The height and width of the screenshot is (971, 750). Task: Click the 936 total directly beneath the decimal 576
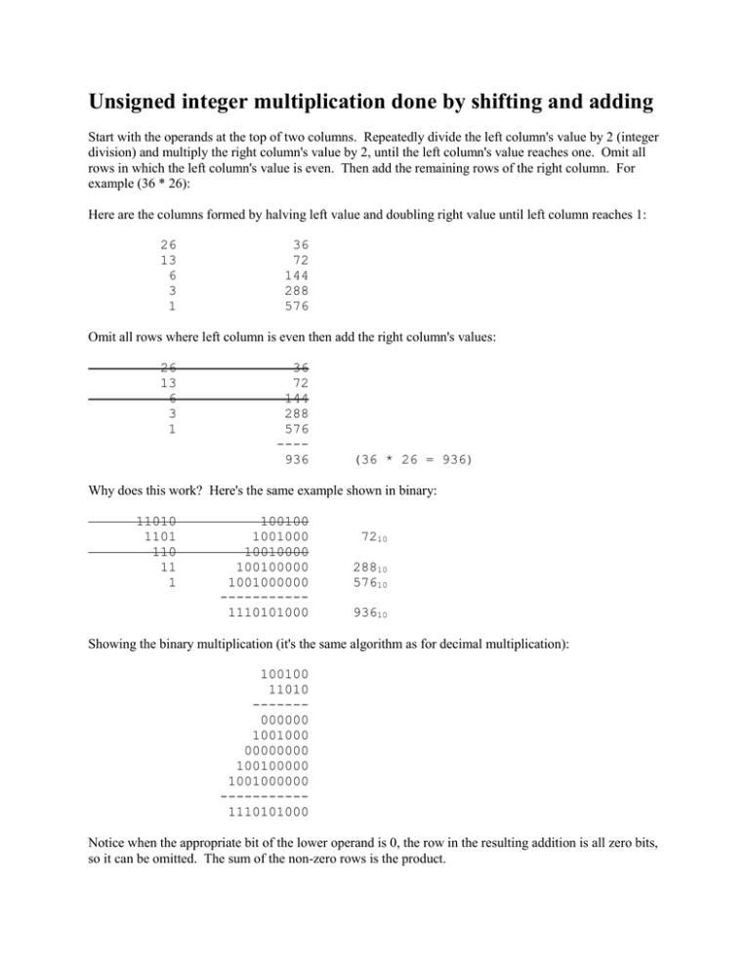(296, 459)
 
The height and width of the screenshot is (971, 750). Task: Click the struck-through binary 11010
(163, 524)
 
